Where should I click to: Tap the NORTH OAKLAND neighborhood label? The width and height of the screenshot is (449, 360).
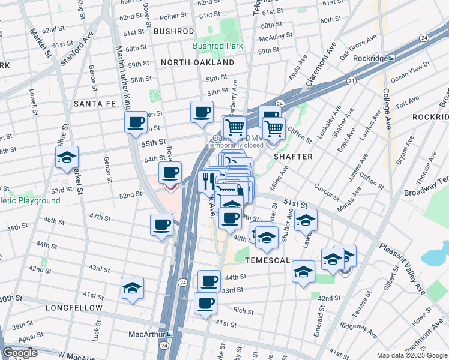[197, 62]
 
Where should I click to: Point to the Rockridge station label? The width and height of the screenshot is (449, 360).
[368, 58]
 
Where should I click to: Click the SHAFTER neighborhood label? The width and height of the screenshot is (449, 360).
[293, 157]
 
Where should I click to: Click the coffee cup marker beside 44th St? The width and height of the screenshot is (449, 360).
[209, 280]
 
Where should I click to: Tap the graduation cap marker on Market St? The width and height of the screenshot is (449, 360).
[67, 158]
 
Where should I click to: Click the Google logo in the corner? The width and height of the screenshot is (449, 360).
[20, 353]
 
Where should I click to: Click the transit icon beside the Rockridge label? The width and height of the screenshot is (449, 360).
[391, 58]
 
